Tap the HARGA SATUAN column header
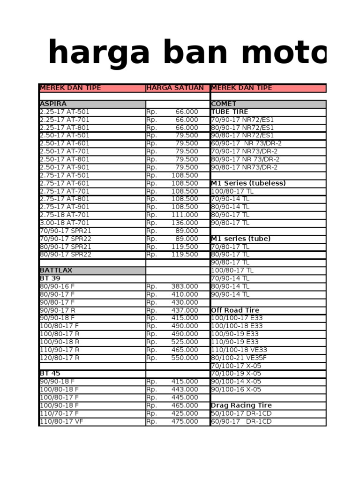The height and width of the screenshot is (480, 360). pyautogui.click(x=175, y=88)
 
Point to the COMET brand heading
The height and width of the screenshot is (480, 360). pyautogui.click(x=224, y=104)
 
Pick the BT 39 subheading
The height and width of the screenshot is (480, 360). pyautogui.click(x=50, y=278)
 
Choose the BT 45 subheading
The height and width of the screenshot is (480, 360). pyautogui.click(x=50, y=374)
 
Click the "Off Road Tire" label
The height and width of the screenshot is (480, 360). pyautogui.click(x=235, y=310)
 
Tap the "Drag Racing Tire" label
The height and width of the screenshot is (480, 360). pyautogui.click(x=241, y=405)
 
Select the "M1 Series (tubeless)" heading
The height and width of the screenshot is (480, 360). pyautogui.click(x=248, y=183)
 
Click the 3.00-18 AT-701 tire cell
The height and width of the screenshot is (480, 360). pyautogui.click(x=65, y=223)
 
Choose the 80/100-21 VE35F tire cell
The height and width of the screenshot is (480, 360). pyautogui.click(x=239, y=358)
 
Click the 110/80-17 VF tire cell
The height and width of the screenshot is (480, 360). pyautogui.click(x=61, y=421)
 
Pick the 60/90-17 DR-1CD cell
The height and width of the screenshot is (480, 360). pyautogui.click(x=241, y=421)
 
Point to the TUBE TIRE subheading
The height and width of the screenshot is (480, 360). pyautogui.click(x=229, y=112)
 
